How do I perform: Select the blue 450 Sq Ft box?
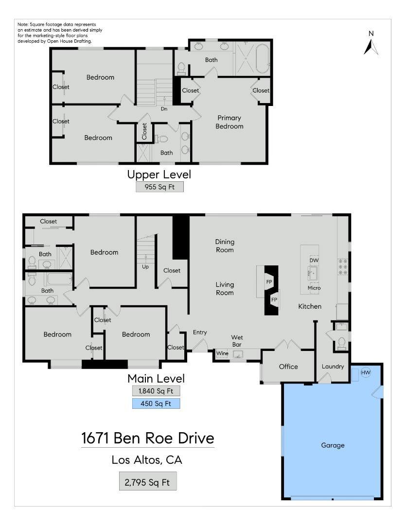[156, 403]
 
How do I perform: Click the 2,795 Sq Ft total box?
[147, 483]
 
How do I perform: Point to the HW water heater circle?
[366, 373]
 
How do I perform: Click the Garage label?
[333, 445]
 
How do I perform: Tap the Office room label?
[288, 367]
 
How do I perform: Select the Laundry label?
[333, 367]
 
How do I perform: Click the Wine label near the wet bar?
[222, 353]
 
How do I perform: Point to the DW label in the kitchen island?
[314, 261]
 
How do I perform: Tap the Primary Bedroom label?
[229, 122]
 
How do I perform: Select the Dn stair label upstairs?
[164, 108]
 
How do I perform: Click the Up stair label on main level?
[145, 267]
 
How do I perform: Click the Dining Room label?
[225, 246]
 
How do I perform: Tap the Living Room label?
[225, 289]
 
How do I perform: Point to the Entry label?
[200, 332]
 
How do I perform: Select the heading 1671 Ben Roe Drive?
[147, 438]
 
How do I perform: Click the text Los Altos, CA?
[147, 460]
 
